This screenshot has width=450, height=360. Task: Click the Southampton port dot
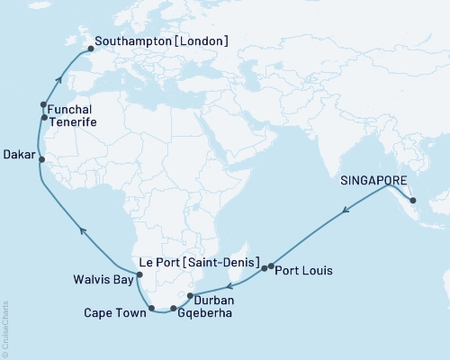pyautogui.click(x=90, y=50)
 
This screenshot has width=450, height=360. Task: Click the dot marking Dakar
pyautogui.click(x=41, y=160)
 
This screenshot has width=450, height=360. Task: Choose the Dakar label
pyautogui.click(x=20, y=154)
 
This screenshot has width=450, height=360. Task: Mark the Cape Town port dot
pyautogui.click(x=152, y=309)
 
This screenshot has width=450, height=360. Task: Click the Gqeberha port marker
pyautogui.click(x=174, y=309)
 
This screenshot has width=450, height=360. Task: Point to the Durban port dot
pyautogui.click(x=189, y=295)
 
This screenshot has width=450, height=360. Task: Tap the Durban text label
pyautogui.click(x=214, y=299)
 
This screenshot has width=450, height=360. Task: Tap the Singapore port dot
pyautogui.click(x=410, y=201)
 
